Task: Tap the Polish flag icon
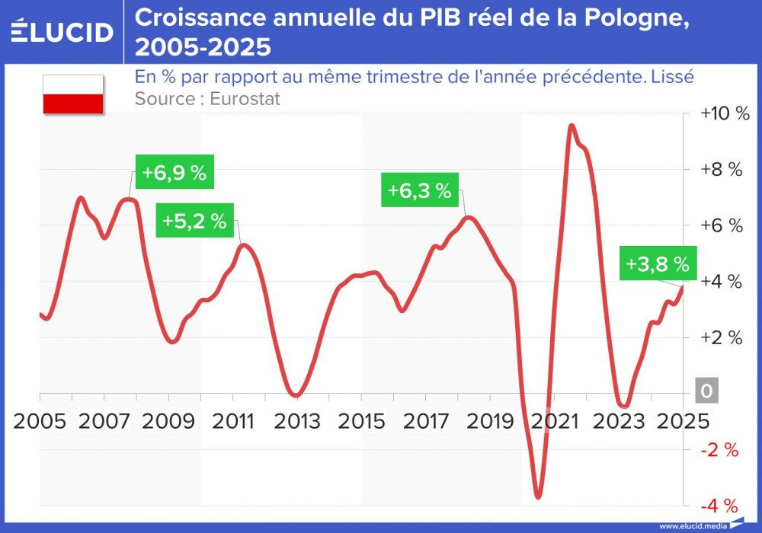(x=73, y=94)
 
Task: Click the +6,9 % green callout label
(x=174, y=173)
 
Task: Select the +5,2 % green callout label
(x=194, y=222)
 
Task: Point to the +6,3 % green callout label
(x=419, y=190)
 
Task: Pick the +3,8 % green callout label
(x=657, y=264)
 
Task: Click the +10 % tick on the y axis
(x=725, y=113)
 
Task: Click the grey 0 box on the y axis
(x=706, y=391)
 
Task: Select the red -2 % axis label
(x=720, y=450)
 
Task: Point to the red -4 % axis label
(x=720, y=506)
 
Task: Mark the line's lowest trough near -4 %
(x=538, y=497)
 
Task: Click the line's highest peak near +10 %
(x=571, y=126)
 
